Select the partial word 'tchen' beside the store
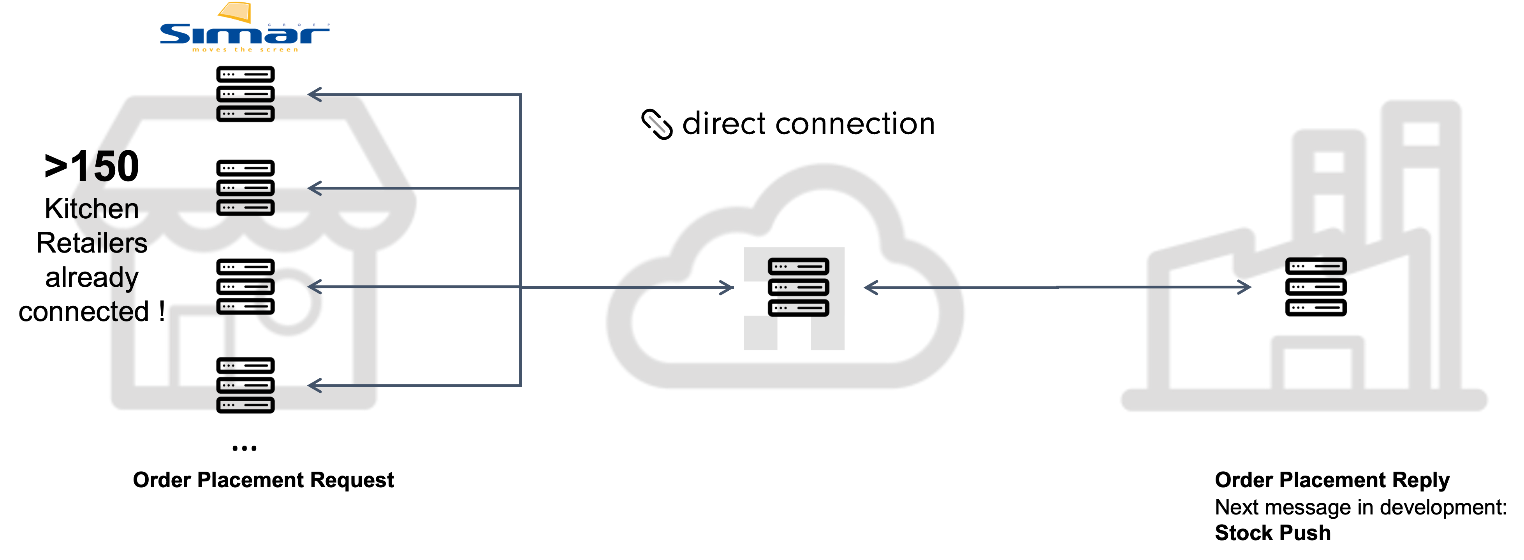(x=104, y=209)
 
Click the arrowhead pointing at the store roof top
(x=314, y=95)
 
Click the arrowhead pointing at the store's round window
(x=314, y=287)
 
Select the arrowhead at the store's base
(x=314, y=386)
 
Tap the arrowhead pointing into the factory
(x=1245, y=287)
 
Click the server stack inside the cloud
(x=798, y=287)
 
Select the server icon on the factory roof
(x=1316, y=267)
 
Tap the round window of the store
(x=288, y=302)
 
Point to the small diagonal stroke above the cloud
(x=657, y=124)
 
